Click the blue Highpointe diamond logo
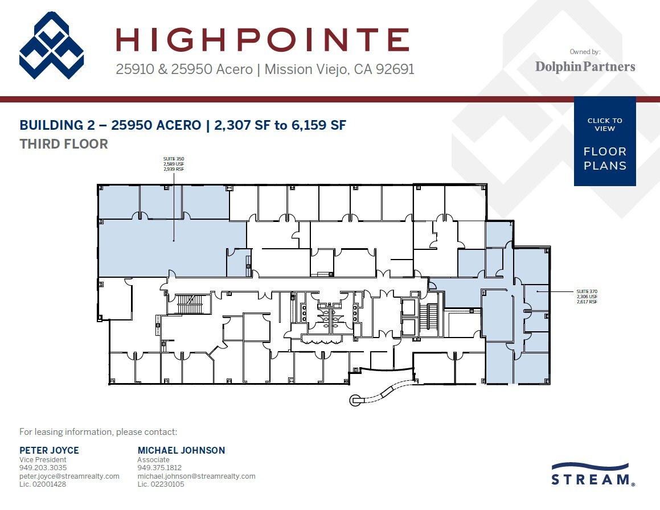tap(52, 46)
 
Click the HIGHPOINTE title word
tap(263, 40)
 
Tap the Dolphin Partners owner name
tap(585, 67)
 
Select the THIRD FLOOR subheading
tap(64, 144)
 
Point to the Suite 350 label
tap(174, 164)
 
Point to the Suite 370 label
tap(587, 296)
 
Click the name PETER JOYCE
tap(49, 450)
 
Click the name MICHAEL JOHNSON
tap(181, 450)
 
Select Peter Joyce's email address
tap(69, 476)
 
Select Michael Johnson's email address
tap(196, 476)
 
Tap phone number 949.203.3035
tap(43, 468)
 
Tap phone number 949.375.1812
tap(161, 468)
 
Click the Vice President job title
tap(43, 459)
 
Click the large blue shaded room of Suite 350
tap(165, 248)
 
